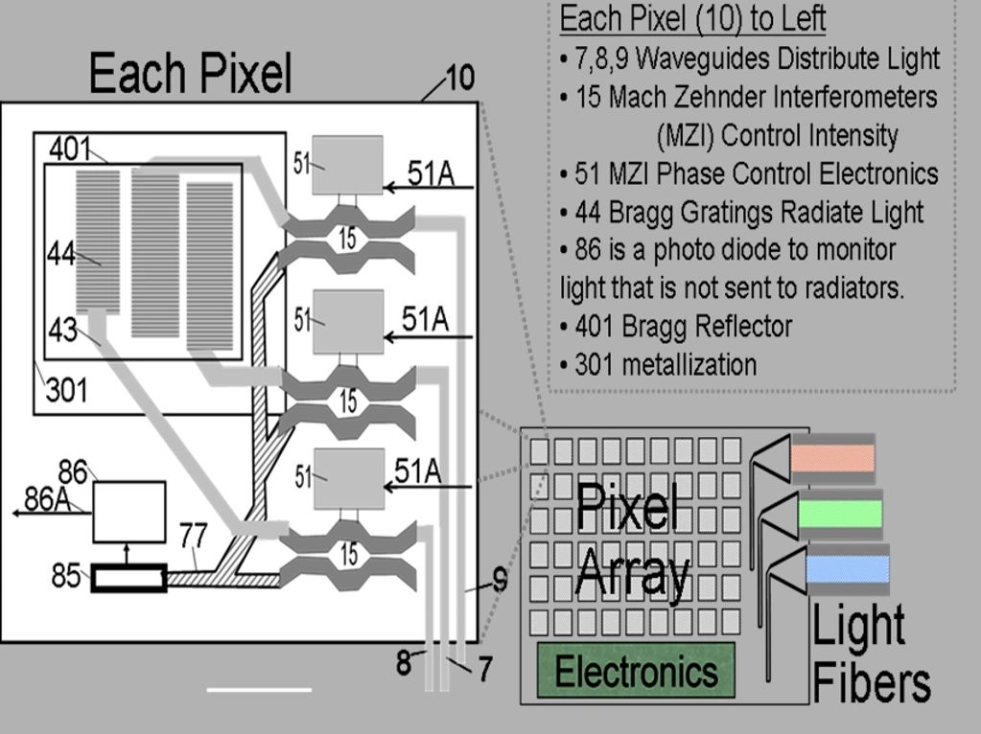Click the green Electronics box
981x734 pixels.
click(x=636, y=670)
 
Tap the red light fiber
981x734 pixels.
click(x=832, y=458)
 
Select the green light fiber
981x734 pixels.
click(x=839, y=514)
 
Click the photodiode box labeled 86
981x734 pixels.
click(x=128, y=512)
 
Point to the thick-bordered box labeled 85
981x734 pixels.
click(x=128, y=580)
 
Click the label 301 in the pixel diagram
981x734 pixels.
click(x=66, y=390)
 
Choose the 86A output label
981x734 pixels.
click(x=48, y=498)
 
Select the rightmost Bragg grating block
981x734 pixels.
click(x=210, y=265)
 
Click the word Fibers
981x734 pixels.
click(x=871, y=683)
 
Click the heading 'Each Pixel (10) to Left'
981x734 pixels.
click(x=692, y=18)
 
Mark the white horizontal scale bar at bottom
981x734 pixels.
click(x=259, y=689)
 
